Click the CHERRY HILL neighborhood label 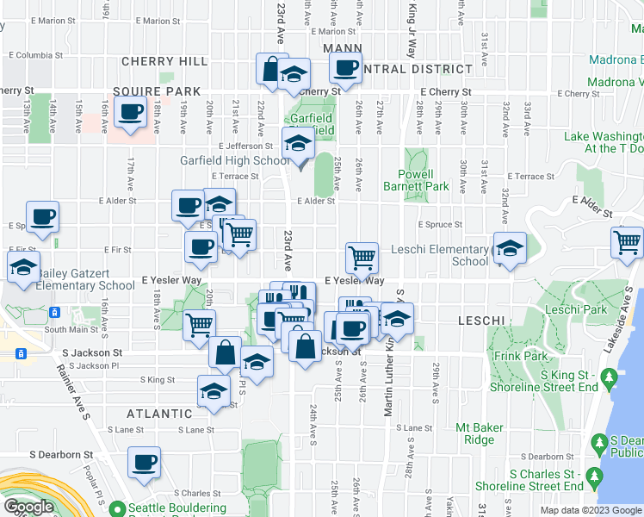tap(164, 61)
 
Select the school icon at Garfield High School tap(299, 143)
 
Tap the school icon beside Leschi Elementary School tap(510, 249)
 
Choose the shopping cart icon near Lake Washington tap(626, 242)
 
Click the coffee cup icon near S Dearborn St tap(144, 461)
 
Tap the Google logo tap(29, 507)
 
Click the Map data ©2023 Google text tap(591, 510)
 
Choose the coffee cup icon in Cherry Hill tap(132, 112)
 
